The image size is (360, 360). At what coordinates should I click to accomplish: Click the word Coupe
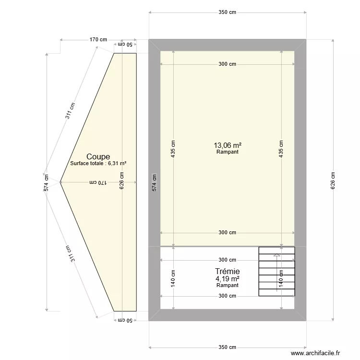(x=98, y=156)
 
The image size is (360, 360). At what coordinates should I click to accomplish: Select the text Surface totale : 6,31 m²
(x=98, y=164)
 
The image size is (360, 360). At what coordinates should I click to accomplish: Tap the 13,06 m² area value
(x=228, y=145)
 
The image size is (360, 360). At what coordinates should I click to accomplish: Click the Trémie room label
(x=228, y=271)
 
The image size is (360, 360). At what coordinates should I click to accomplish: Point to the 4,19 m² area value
(x=228, y=278)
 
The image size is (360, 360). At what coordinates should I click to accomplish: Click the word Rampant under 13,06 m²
(x=228, y=152)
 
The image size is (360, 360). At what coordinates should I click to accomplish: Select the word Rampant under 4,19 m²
(x=228, y=285)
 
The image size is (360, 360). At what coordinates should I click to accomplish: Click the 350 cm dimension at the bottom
(x=228, y=347)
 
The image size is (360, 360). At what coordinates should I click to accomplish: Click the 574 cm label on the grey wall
(x=154, y=183)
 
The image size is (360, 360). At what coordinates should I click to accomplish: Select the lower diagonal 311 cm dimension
(x=71, y=253)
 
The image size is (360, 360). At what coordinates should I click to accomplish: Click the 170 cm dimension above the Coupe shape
(x=98, y=40)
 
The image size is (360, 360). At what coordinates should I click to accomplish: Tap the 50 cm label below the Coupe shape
(x=125, y=320)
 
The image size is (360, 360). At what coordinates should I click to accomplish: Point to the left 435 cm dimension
(x=173, y=149)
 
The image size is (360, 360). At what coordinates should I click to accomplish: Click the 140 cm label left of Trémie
(x=173, y=277)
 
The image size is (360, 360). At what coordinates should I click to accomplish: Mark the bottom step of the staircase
(x=276, y=293)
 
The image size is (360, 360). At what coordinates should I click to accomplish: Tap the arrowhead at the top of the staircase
(x=276, y=256)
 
